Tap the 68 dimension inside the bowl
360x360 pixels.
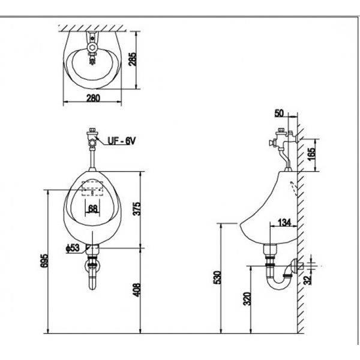click(x=93, y=209)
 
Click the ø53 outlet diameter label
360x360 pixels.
click(x=73, y=247)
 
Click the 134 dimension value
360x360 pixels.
click(x=284, y=222)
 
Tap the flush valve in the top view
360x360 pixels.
click(x=92, y=48)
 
